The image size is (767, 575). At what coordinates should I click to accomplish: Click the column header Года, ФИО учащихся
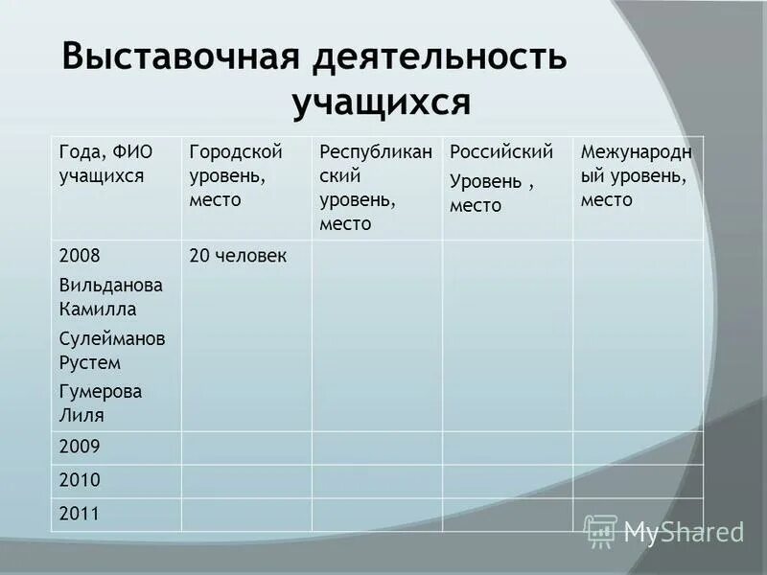105,163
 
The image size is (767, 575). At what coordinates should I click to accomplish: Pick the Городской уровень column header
235,175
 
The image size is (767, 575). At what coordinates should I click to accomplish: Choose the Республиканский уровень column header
375,188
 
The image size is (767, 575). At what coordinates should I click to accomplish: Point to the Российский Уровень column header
501,178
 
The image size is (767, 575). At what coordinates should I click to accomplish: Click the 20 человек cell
238,256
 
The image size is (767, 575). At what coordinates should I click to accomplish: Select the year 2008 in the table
80,256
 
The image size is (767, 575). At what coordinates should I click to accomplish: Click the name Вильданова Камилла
110,297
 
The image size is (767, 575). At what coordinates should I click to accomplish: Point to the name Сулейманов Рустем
111,350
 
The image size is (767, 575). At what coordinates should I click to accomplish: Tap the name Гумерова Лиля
100,402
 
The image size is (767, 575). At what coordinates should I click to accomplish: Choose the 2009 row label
80,447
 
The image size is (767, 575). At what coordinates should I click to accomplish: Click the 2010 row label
80,480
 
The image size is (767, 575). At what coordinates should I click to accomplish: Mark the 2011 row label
80,514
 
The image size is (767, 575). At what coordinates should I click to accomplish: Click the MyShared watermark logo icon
600,531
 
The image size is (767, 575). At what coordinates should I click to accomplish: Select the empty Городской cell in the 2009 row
246,447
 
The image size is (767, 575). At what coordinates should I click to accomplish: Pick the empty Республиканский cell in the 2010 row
377,480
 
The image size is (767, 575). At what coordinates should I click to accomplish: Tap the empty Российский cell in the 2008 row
507,334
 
